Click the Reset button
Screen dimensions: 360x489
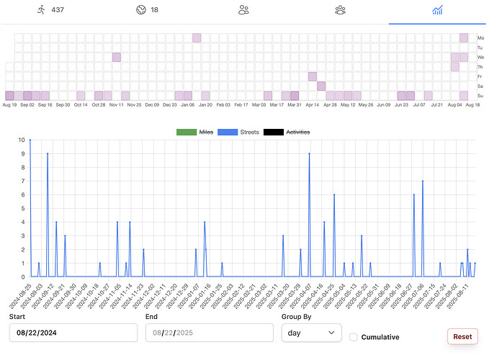[x=462, y=336]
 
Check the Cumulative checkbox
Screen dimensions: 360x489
[x=354, y=337]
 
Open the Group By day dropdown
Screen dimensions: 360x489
[x=312, y=333]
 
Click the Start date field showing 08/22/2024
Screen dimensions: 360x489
[x=73, y=333]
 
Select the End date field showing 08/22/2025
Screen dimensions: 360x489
[x=210, y=333]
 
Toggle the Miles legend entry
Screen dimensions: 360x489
[x=198, y=132]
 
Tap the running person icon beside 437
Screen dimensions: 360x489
[x=42, y=10]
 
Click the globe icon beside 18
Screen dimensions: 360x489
[x=140, y=10]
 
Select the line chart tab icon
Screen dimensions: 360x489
[x=437, y=10]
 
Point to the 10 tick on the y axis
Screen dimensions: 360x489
[x=21, y=140]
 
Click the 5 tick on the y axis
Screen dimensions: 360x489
[x=22, y=208]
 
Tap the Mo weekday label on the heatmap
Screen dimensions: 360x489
[x=480, y=38]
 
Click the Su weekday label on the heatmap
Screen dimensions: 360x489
[x=480, y=96]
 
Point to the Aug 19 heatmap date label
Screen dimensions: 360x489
[x=10, y=105]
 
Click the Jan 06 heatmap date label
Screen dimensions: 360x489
[x=187, y=105]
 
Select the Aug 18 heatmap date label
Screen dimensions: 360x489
[x=472, y=105]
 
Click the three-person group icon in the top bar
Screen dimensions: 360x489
[x=340, y=10]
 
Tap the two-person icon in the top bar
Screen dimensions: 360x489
[x=243, y=10]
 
